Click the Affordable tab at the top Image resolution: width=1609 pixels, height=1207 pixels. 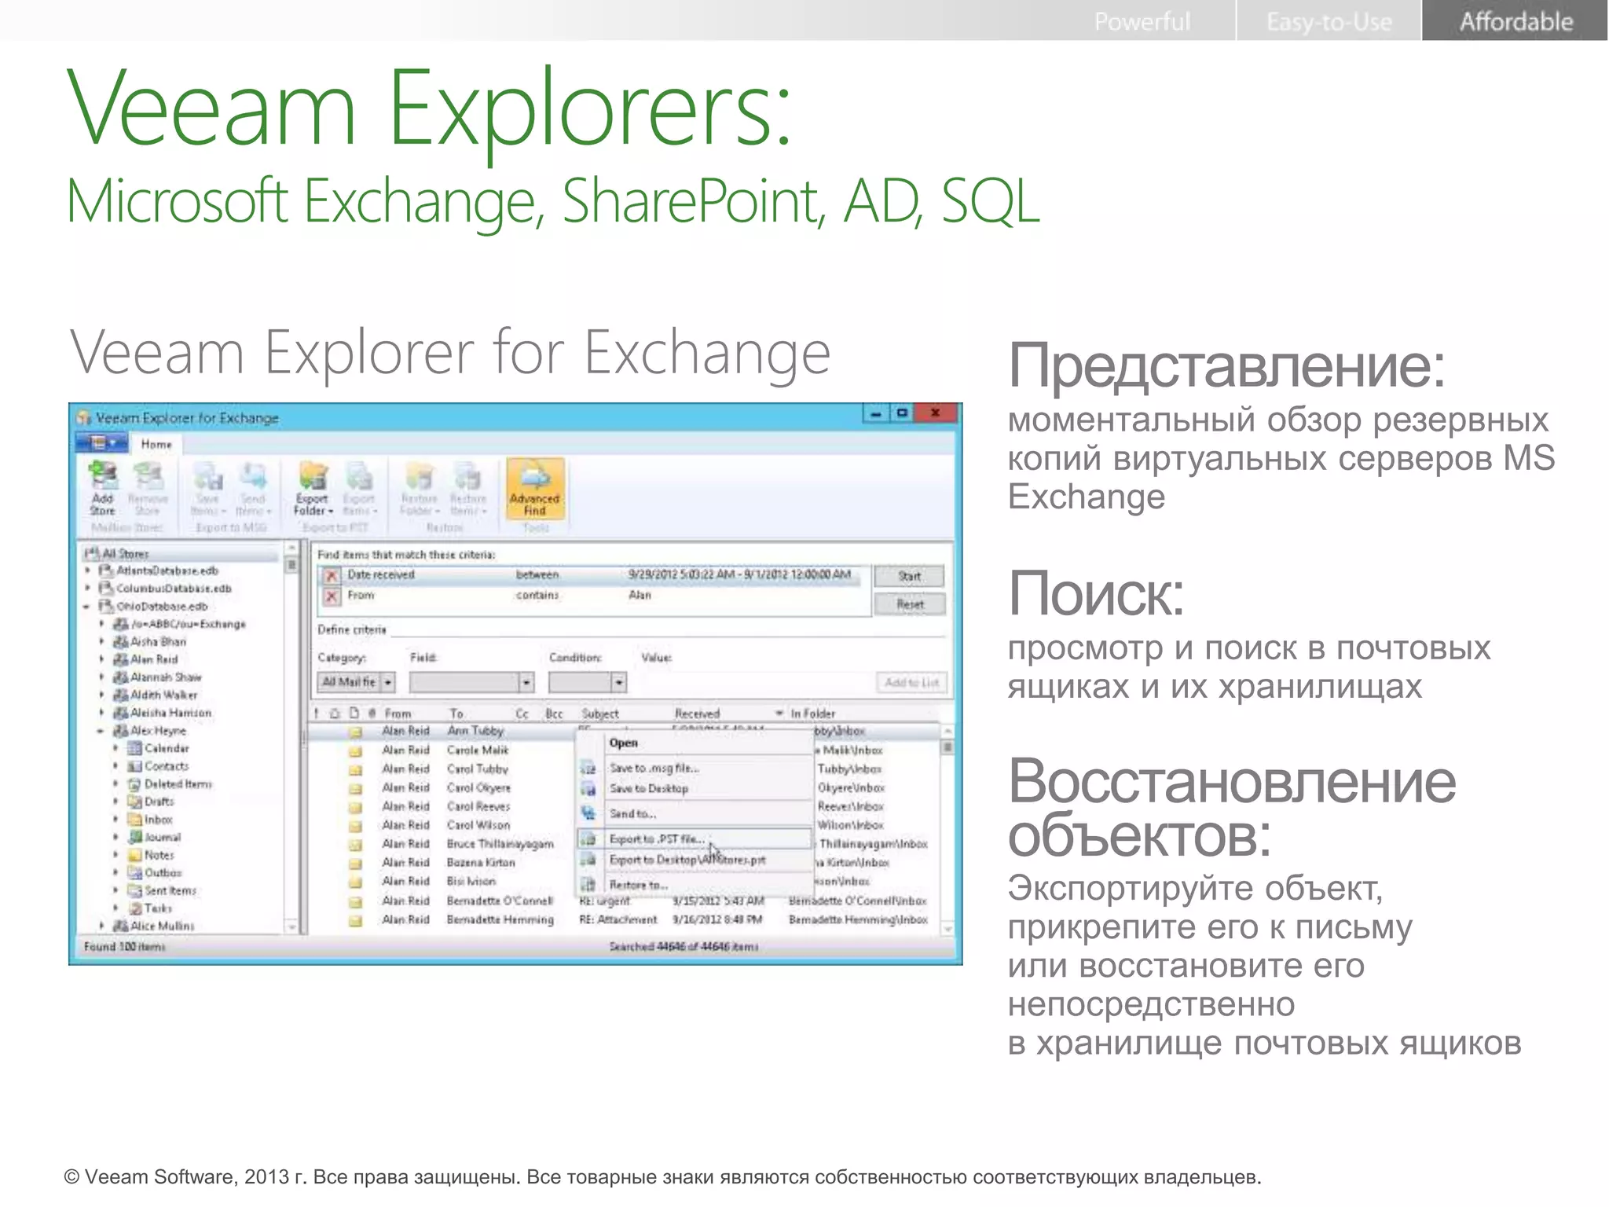coord(1516,21)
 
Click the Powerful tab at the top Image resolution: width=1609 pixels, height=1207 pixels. coord(1142,21)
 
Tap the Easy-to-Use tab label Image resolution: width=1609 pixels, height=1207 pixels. coord(1329,21)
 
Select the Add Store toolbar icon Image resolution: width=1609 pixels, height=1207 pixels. coord(102,488)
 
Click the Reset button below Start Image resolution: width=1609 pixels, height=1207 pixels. coord(910,604)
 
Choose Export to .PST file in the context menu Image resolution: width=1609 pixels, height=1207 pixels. coord(657,839)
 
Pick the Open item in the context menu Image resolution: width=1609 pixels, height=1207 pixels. coord(624,743)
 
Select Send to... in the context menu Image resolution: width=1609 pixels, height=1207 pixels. coord(632,813)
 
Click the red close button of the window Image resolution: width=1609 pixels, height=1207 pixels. coord(935,413)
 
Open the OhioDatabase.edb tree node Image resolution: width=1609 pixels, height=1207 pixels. coord(162,606)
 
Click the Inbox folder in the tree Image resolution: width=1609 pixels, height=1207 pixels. coord(158,820)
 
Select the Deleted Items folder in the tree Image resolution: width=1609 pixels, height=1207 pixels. coord(178,783)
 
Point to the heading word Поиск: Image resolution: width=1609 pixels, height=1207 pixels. coord(1096,594)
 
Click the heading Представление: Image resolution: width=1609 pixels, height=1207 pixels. coord(1226,365)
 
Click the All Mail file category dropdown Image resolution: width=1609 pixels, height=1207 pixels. coord(356,682)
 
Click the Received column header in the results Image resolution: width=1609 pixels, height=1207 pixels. coord(697,714)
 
